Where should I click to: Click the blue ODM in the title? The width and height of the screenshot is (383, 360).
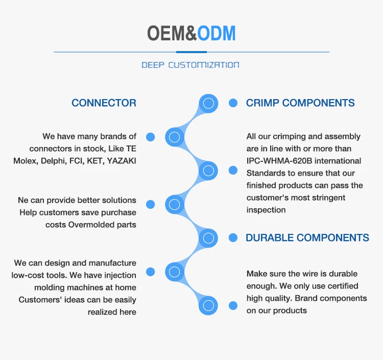217,33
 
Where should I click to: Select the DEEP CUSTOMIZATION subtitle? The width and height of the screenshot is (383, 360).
190,65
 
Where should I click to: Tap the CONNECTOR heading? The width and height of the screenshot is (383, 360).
104,103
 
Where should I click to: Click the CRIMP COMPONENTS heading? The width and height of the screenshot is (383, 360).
300,103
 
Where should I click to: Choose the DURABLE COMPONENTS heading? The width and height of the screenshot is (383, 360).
307,237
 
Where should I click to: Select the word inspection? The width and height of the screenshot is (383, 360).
266,210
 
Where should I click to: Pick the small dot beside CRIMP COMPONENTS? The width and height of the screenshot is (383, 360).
233,103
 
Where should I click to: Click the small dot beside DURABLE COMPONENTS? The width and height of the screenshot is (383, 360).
233,237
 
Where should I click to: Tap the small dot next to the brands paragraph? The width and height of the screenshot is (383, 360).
150,137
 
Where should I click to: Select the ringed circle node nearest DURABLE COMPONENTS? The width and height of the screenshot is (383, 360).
208,237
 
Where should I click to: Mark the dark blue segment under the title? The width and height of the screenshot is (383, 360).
192,52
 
